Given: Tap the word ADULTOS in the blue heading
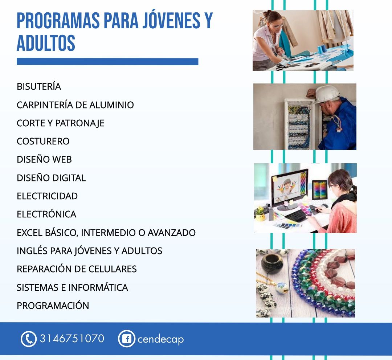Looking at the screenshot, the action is [46, 43].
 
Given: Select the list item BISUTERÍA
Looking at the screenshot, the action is [39, 86].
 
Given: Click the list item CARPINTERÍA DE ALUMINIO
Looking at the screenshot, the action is [75, 105].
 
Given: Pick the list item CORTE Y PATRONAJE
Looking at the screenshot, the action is [61, 123].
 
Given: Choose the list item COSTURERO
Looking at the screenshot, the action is [43, 141].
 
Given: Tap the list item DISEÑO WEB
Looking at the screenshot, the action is [44, 159].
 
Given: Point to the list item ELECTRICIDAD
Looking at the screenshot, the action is [47, 196].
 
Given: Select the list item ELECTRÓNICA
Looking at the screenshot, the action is [46, 214].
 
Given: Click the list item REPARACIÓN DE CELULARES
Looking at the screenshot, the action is [77, 269].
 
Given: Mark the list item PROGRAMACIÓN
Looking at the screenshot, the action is [53, 306].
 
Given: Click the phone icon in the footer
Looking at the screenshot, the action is [29, 339].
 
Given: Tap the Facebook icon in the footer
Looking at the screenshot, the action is [127, 339].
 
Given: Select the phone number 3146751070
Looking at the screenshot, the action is [72, 339].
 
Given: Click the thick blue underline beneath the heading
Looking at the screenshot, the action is [107, 61].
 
